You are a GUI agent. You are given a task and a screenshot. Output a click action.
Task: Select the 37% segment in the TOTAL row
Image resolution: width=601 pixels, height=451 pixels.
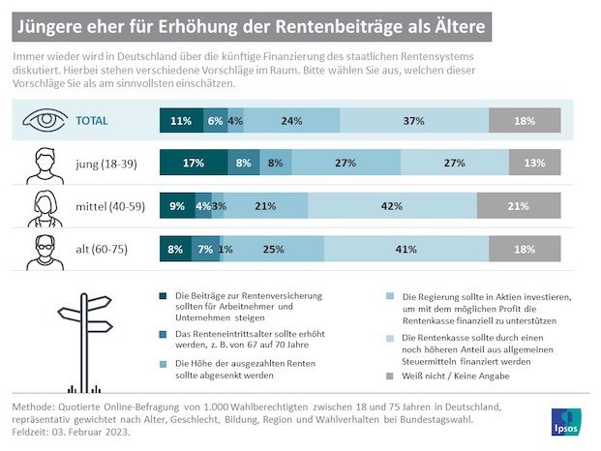click(x=414, y=122)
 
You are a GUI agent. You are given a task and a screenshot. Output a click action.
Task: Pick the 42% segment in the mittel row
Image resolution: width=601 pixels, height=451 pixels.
click(x=392, y=206)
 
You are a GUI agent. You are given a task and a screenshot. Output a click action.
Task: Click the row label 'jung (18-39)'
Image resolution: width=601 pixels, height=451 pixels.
click(x=105, y=164)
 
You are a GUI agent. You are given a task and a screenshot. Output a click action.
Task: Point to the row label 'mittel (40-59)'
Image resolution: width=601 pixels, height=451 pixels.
click(x=112, y=206)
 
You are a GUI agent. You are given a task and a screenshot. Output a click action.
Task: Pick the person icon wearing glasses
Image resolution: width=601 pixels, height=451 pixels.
click(x=43, y=250)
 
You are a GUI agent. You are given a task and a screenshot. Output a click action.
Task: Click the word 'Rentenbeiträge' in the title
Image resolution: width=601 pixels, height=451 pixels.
click(x=311, y=20)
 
